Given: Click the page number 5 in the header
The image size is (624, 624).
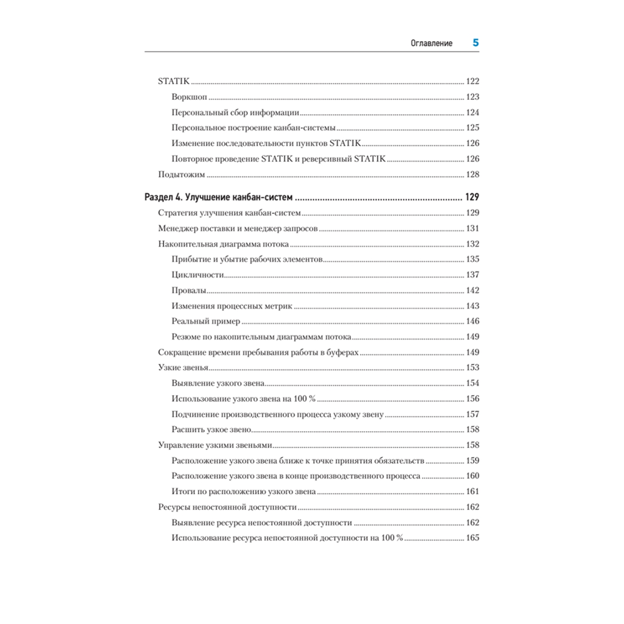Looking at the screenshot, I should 475,43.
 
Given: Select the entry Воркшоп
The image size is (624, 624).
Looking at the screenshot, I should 189,97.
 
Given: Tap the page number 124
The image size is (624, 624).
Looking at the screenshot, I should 472,113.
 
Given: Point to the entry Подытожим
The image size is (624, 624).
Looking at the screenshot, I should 182,175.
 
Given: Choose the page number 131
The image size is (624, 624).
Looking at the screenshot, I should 472,228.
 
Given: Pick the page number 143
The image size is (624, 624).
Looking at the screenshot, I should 472,306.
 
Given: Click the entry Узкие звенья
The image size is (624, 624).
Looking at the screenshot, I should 183,368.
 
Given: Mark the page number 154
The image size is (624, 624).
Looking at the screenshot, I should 472,383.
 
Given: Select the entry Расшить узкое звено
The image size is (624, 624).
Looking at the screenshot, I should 211,429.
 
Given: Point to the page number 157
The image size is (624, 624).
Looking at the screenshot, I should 472,414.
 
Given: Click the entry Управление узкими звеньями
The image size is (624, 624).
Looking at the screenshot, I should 216,445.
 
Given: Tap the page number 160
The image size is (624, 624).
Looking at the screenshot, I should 472,476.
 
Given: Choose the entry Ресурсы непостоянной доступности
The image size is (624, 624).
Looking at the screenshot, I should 227,507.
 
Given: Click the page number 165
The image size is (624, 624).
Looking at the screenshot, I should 472,538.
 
